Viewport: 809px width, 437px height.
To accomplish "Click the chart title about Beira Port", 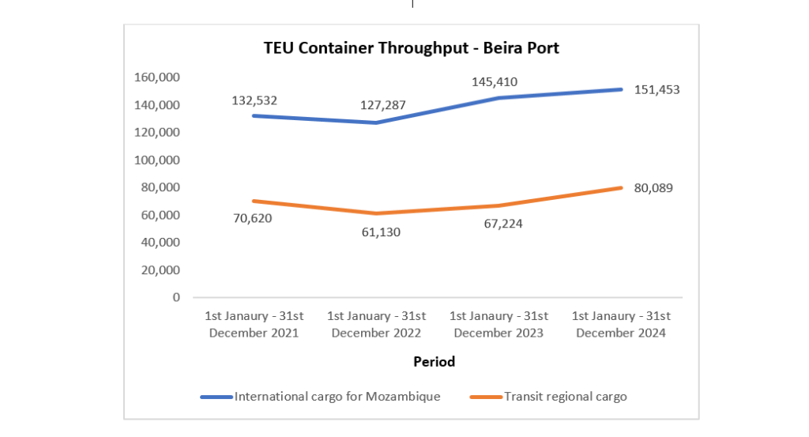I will pyautogui.click(x=411, y=48).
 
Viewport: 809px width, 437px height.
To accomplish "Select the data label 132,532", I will pyautogui.click(x=254, y=100).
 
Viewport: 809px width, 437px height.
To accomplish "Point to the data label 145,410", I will pyautogui.click(x=495, y=81).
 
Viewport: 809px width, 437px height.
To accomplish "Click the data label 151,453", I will pyautogui.click(x=657, y=90).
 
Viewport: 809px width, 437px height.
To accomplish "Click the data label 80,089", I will pyautogui.click(x=653, y=188).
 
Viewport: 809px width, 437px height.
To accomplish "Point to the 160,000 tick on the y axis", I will pyautogui.click(x=158, y=77).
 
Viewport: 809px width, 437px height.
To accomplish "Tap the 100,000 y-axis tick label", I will pyautogui.click(x=158, y=160).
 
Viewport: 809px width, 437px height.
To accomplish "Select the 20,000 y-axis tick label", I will pyautogui.click(x=161, y=269).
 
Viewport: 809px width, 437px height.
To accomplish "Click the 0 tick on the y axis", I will pyautogui.click(x=175, y=297).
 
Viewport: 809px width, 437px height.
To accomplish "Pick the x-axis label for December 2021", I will pyautogui.click(x=254, y=324).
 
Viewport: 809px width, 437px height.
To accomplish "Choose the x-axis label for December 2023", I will pyautogui.click(x=499, y=324).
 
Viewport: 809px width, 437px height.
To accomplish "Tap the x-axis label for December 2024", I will pyautogui.click(x=621, y=324).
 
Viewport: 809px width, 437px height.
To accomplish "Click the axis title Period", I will pyautogui.click(x=434, y=362).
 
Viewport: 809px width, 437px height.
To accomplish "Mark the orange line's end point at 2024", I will pyautogui.click(x=622, y=188).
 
